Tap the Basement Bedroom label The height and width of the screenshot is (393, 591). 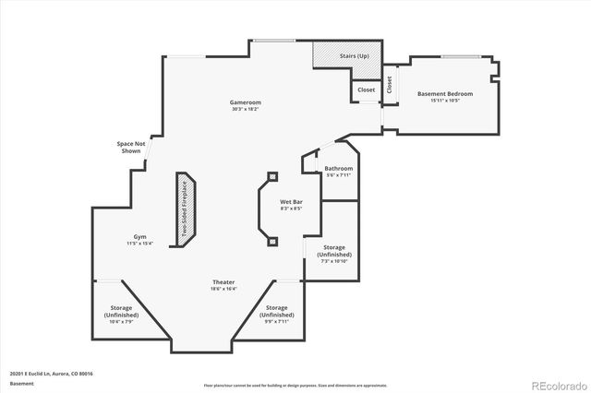click(x=445, y=94)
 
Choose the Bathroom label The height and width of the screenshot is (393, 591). click(x=338, y=169)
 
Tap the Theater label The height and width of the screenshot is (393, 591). click(x=223, y=282)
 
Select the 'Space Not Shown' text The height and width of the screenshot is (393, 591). click(x=131, y=147)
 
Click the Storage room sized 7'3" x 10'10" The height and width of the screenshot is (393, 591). click(x=334, y=251)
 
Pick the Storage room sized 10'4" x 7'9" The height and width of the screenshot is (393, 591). click(x=122, y=311)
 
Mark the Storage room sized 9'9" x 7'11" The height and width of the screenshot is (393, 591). click(x=276, y=311)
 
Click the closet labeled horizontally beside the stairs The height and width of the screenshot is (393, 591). click(x=366, y=90)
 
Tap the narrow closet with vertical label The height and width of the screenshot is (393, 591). click(x=390, y=84)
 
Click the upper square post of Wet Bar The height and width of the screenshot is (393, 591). click(x=272, y=175)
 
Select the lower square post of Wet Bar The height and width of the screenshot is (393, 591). click(x=272, y=241)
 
